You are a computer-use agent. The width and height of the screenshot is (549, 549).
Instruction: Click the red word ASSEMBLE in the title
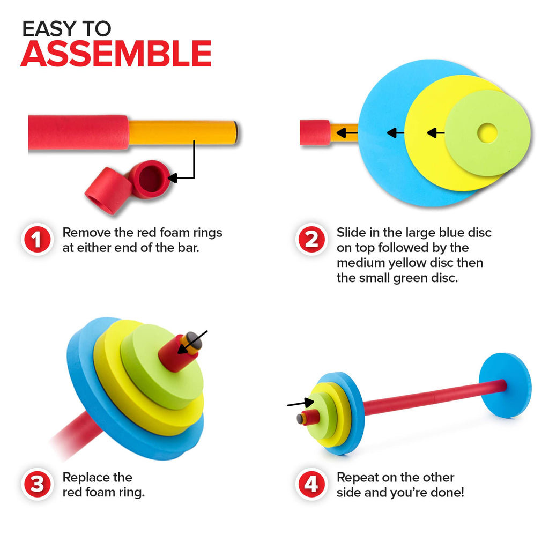[116, 54]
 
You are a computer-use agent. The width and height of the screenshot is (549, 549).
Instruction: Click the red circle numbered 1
[37, 240]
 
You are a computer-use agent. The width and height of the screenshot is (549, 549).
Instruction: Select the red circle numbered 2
[311, 240]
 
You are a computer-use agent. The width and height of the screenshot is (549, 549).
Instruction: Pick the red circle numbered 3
[37, 484]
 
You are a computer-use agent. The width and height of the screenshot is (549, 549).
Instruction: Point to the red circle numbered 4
[311, 484]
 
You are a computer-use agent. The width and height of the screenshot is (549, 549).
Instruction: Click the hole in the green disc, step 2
[487, 133]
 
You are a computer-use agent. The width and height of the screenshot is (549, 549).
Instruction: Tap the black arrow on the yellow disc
[436, 133]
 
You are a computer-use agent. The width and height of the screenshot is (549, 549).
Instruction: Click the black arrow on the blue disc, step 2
[396, 133]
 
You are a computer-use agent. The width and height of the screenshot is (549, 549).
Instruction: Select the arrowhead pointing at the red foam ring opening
[173, 178]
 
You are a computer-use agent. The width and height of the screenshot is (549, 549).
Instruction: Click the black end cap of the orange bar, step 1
[236, 132]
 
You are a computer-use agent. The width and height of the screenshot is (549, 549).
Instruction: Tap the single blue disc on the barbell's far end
[505, 385]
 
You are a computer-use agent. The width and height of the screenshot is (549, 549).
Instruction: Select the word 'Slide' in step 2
[351, 233]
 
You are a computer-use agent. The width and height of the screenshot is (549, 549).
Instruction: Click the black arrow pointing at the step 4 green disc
[300, 403]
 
